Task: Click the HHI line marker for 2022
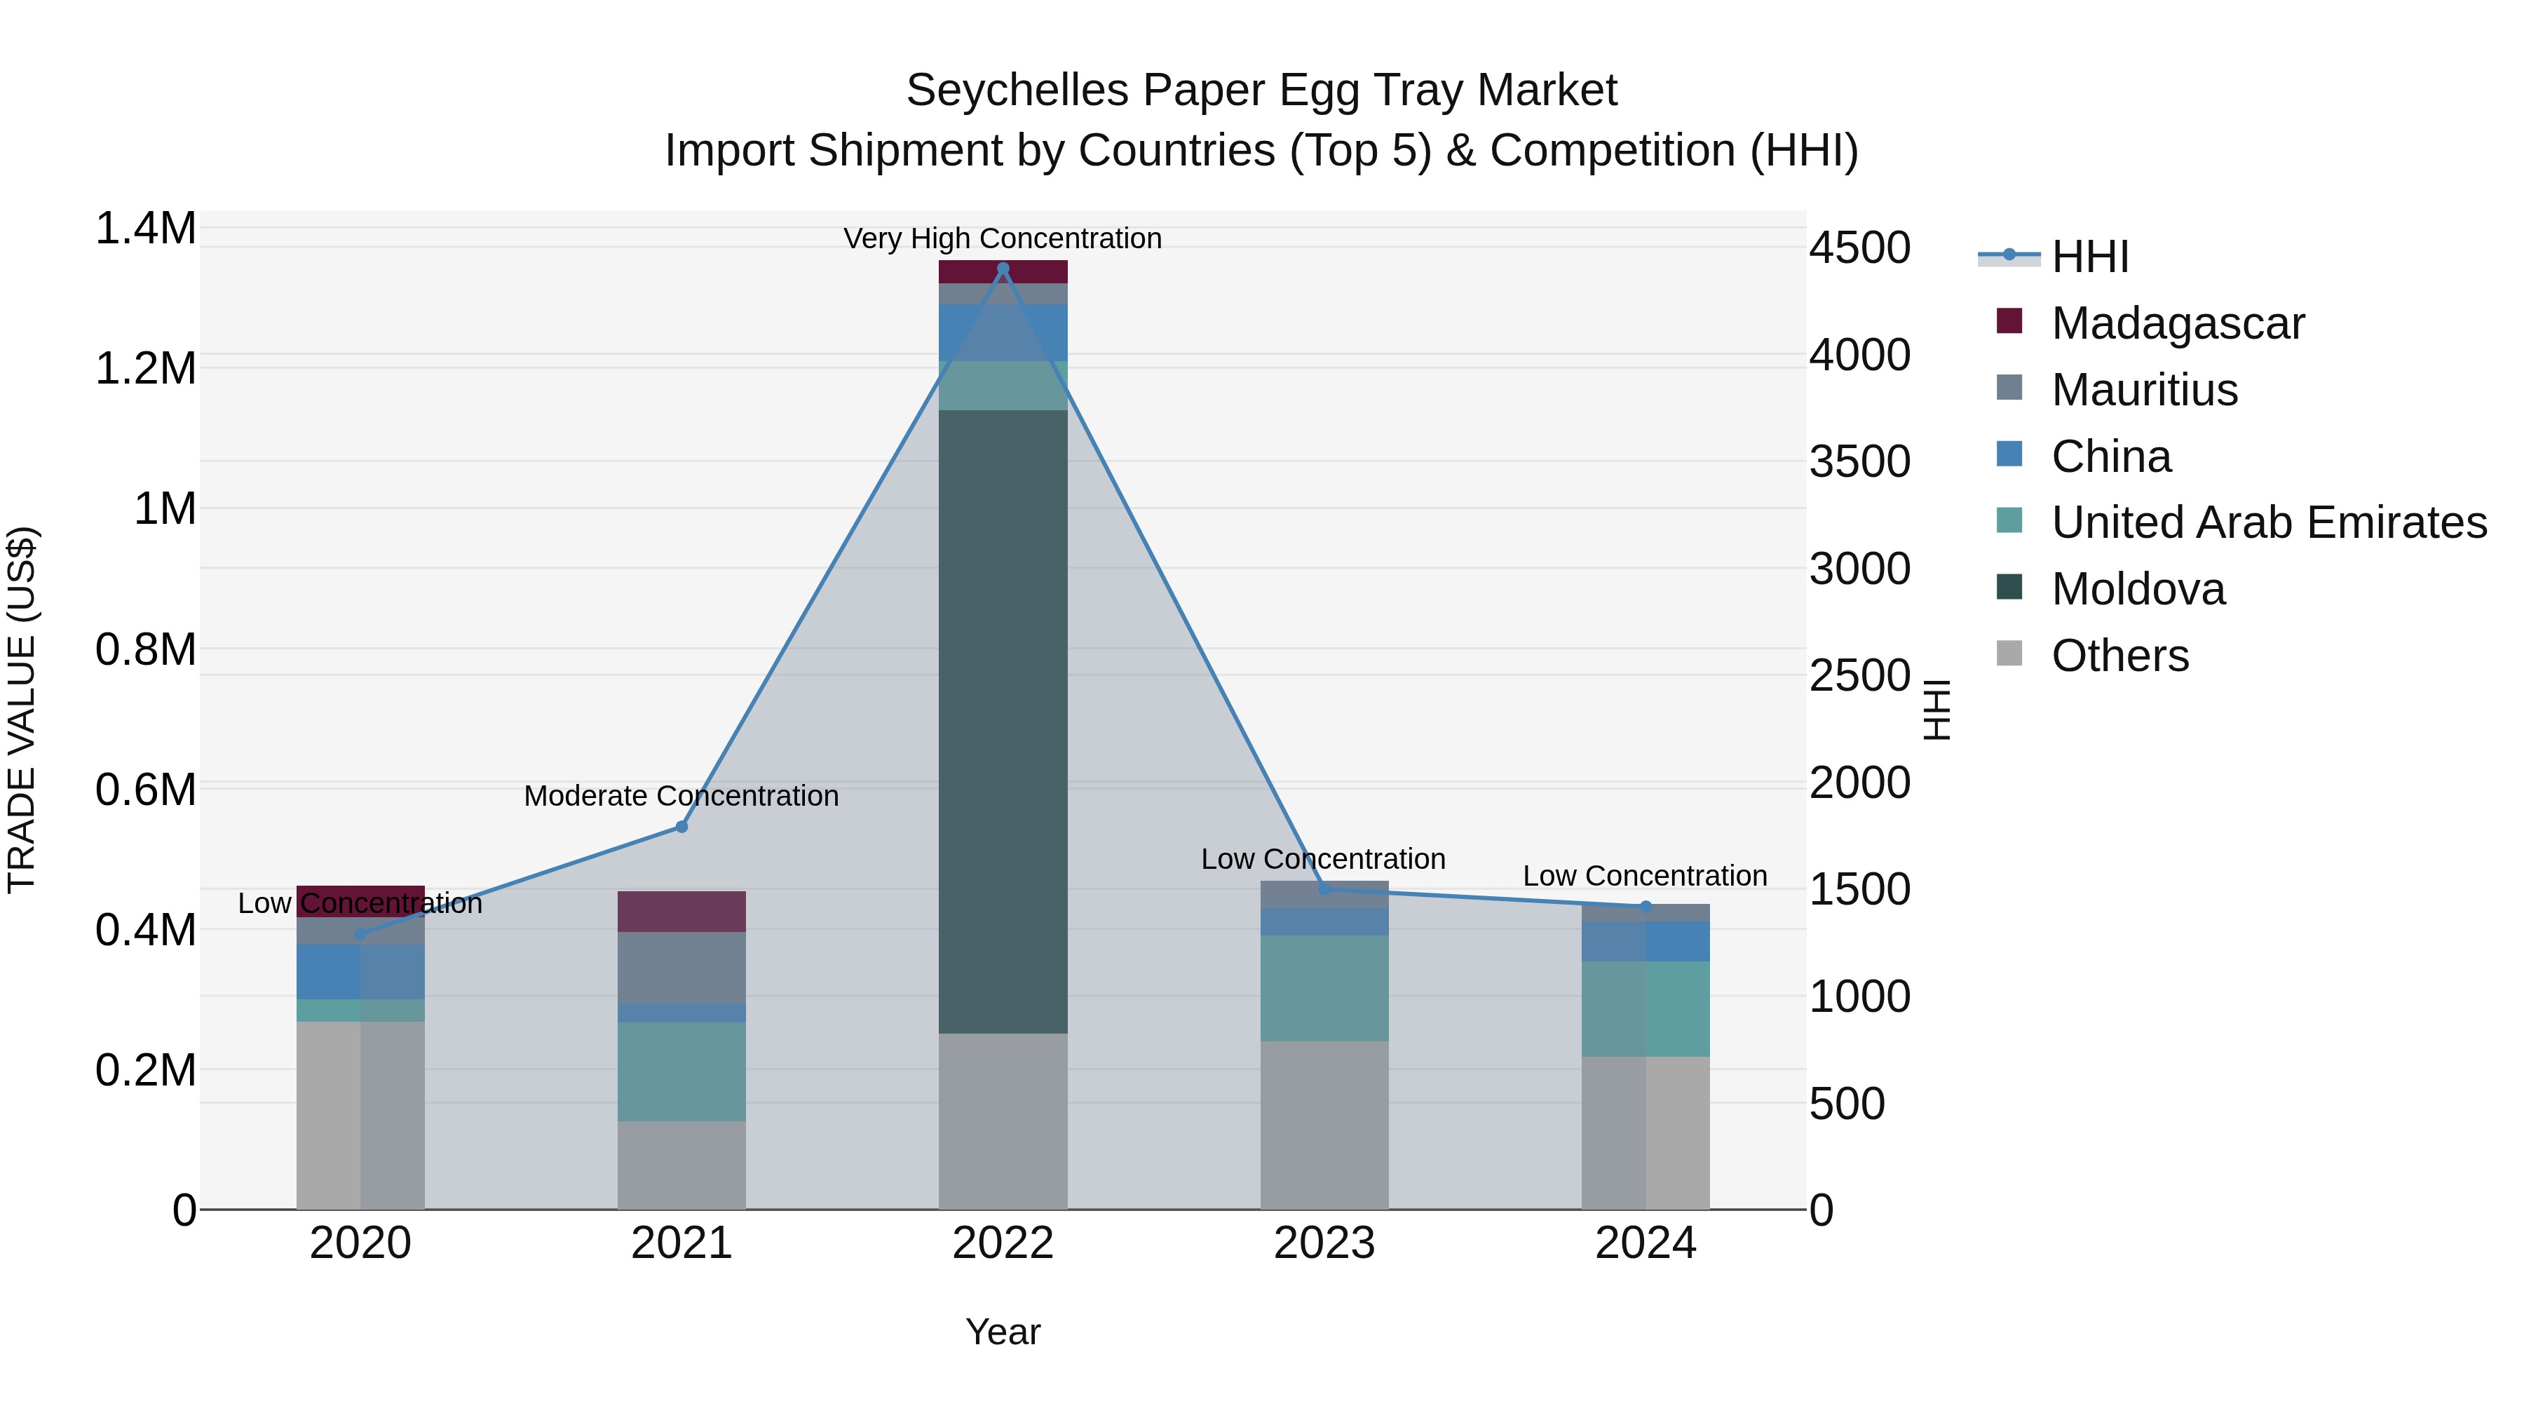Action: pyautogui.click(x=1003, y=269)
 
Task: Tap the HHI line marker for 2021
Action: pyautogui.click(x=682, y=827)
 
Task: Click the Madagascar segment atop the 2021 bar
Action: pyautogui.click(x=682, y=912)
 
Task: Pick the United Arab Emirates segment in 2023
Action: pyautogui.click(x=1324, y=988)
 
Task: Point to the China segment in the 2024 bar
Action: pyautogui.click(x=1645, y=941)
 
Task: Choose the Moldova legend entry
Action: pyautogui.click(x=2137, y=590)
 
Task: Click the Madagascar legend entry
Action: pyautogui.click(x=2176, y=323)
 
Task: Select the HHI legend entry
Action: pyautogui.click(x=2089, y=257)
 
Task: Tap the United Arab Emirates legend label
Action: pyautogui.click(x=2268, y=523)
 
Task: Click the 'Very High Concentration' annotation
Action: pyautogui.click(x=1003, y=238)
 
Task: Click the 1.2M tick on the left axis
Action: pyautogui.click(x=146, y=370)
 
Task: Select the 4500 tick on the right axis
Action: pyautogui.click(x=1859, y=248)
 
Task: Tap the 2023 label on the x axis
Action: pyautogui.click(x=1324, y=1243)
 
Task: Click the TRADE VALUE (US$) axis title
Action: pyautogui.click(x=22, y=710)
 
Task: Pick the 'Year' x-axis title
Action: pyautogui.click(x=1003, y=1332)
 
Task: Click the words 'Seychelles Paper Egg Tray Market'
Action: pyautogui.click(x=1261, y=90)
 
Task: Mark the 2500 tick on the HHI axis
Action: pyautogui.click(x=1859, y=676)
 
